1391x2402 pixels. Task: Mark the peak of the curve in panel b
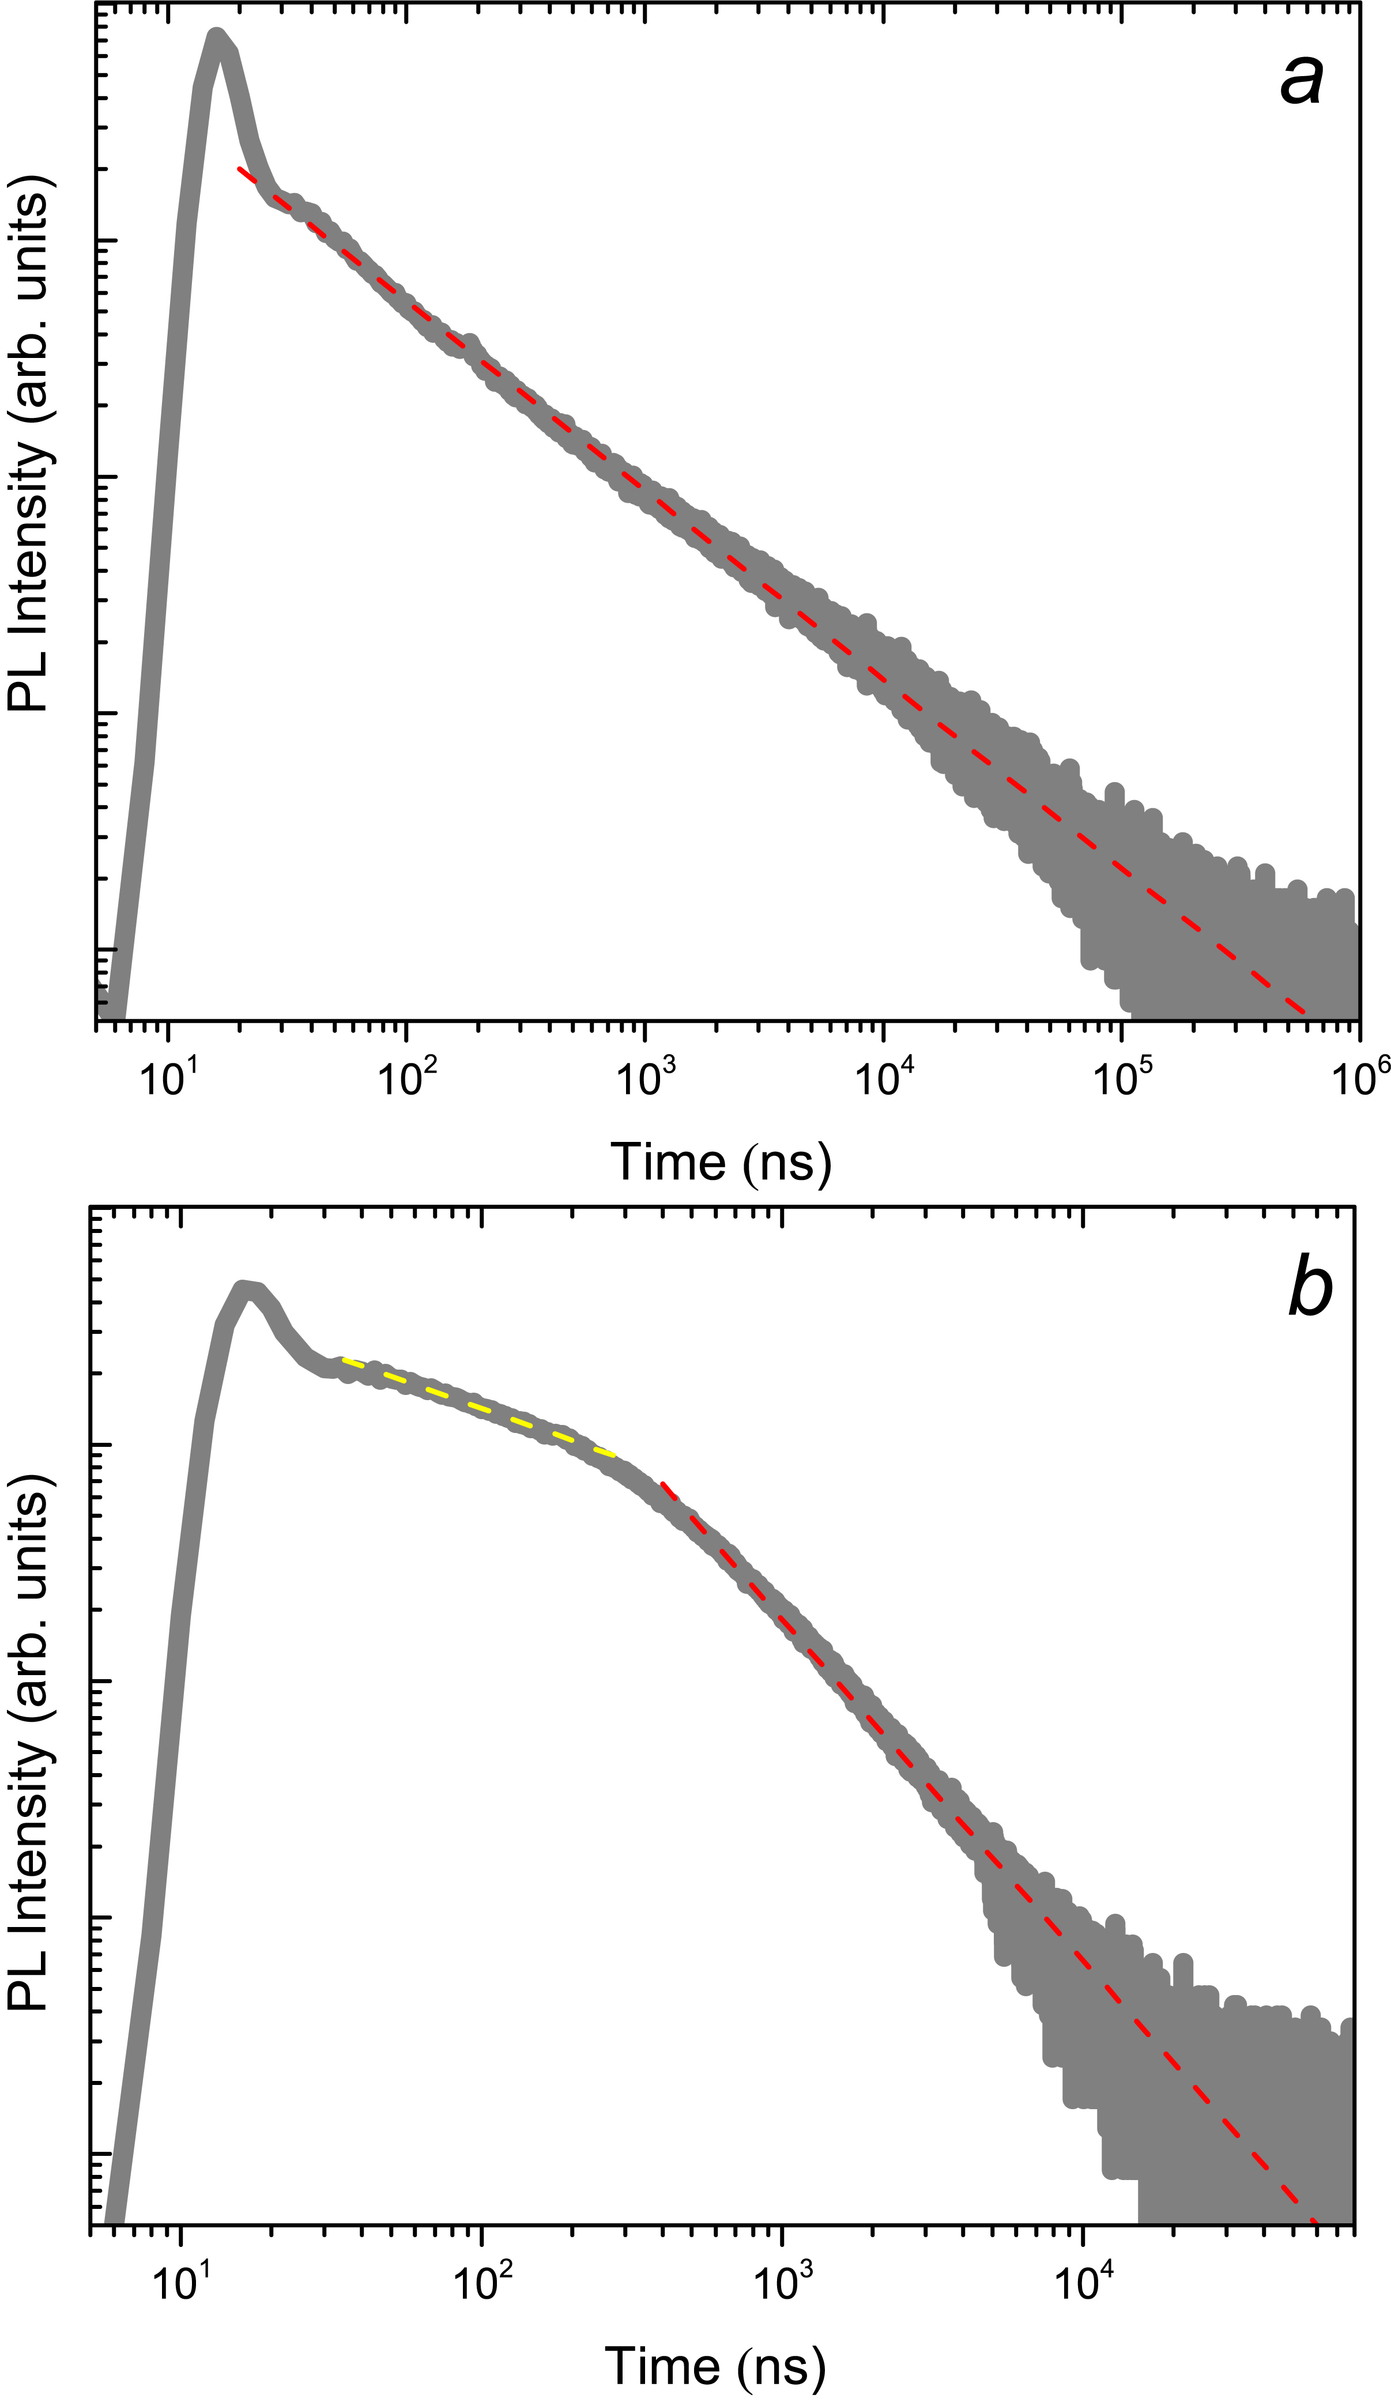click(x=247, y=1289)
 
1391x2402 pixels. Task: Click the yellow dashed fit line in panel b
click(x=477, y=1407)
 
